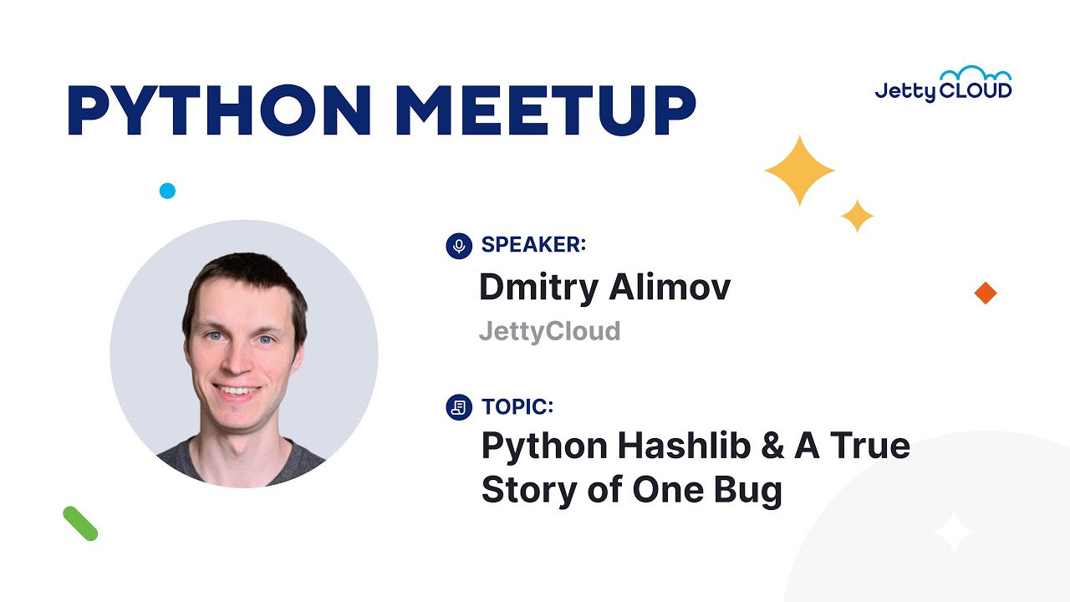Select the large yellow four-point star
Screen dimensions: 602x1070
tap(800, 171)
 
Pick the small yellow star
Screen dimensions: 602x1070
tap(857, 216)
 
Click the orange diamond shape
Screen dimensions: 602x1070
tap(986, 293)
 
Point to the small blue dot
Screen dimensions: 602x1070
tap(167, 191)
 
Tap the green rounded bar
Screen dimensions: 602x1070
tap(80, 523)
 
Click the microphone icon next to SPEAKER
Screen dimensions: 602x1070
tap(459, 246)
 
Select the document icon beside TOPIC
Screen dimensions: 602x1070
tap(459, 408)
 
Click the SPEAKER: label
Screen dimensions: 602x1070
tap(533, 245)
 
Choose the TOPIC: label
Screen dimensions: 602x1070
tap(517, 407)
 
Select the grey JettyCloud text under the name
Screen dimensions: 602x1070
tap(549, 331)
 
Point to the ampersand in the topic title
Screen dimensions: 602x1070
tap(768, 446)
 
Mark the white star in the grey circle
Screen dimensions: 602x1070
tap(954, 532)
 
